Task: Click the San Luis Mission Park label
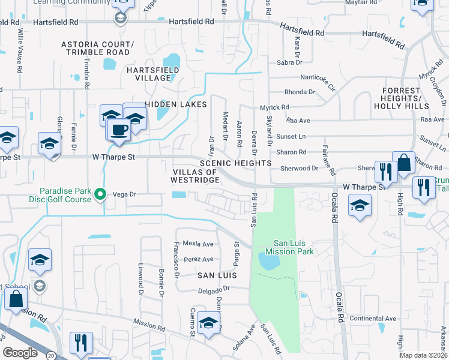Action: (x=294, y=247)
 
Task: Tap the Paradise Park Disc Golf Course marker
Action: (x=101, y=194)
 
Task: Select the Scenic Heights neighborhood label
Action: (x=236, y=163)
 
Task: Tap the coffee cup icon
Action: (x=118, y=129)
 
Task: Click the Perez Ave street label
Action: (x=199, y=259)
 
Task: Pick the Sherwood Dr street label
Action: (x=298, y=169)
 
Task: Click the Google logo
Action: (x=20, y=353)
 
